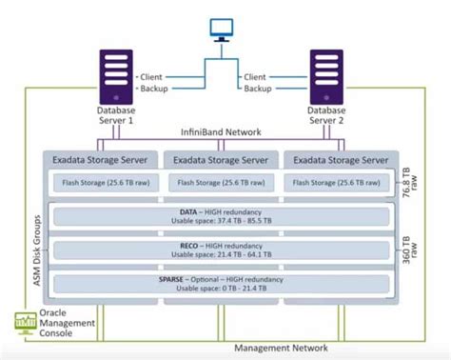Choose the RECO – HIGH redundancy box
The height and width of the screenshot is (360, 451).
pos(221,250)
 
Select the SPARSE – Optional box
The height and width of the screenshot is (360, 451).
pos(221,284)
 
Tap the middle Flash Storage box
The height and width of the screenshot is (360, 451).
pos(221,182)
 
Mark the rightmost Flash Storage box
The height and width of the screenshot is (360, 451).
pos(339,182)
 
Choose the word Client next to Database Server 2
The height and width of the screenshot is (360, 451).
pos(255,75)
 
